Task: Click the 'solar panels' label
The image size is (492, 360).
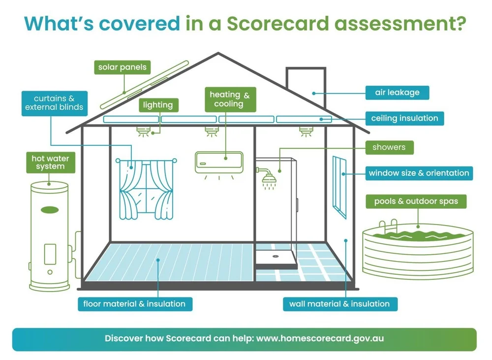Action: pos(122,67)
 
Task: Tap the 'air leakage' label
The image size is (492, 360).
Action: pos(398,93)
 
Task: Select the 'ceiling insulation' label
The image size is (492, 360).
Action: pos(404,118)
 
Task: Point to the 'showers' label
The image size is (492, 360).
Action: pos(389,147)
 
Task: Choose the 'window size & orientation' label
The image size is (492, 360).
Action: pos(419,173)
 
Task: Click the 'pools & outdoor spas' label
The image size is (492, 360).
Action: pos(416,201)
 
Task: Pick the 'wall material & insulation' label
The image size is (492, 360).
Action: pos(339,304)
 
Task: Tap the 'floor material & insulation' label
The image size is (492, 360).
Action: pos(134,304)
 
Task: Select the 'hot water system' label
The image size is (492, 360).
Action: pos(50,162)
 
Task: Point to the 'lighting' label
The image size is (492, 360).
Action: pos(158,105)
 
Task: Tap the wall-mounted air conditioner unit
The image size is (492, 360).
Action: pos(219,162)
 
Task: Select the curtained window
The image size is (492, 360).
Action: pos(146,188)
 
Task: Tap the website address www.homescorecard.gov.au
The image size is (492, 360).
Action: pos(320,339)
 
